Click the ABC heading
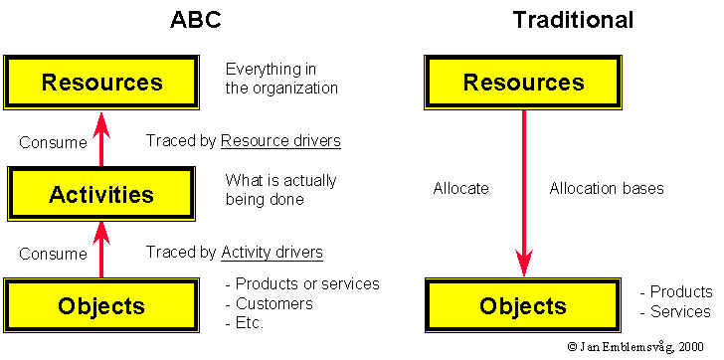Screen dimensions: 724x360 pyautogui.click(x=196, y=20)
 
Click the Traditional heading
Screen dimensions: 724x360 pyautogui.click(x=574, y=20)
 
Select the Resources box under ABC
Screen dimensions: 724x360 pyautogui.click(x=101, y=83)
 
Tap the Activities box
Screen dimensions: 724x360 pyautogui.click(x=101, y=194)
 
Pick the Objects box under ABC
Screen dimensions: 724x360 pyautogui.click(x=101, y=305)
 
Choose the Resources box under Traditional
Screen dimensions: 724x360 pyautogui.click(x=523, y=83)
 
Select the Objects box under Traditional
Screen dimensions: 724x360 pyautogui.click(x=523, y=305)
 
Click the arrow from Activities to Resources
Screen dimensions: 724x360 pyautogui.click(x=101, y=138)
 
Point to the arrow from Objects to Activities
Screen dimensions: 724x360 pyautogui.click(x=101, y=250)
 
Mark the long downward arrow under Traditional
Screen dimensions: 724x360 pyautogui.click(x=523, y=194)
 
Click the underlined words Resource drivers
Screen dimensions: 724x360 pyautogui.click(x=280, y=141)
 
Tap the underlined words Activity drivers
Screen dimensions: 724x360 pyautogui.click(x=271, y=253)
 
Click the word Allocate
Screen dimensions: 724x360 pyautogui.click(x=460, y=188)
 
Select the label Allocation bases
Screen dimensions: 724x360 pyautogui.click(x=607, y=188)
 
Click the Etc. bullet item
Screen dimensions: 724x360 pyautogui.click(x=245, y=322)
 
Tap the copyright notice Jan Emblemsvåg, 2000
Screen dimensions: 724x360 pyautogui.click(x=635, y=347)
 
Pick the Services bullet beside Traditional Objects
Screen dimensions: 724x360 pyautogui.click(x=675, y=311)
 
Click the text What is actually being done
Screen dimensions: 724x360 pyautogui.click(x=280, y=189)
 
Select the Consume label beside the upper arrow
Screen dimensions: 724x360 pyautogui.click(x=53, y=142)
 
